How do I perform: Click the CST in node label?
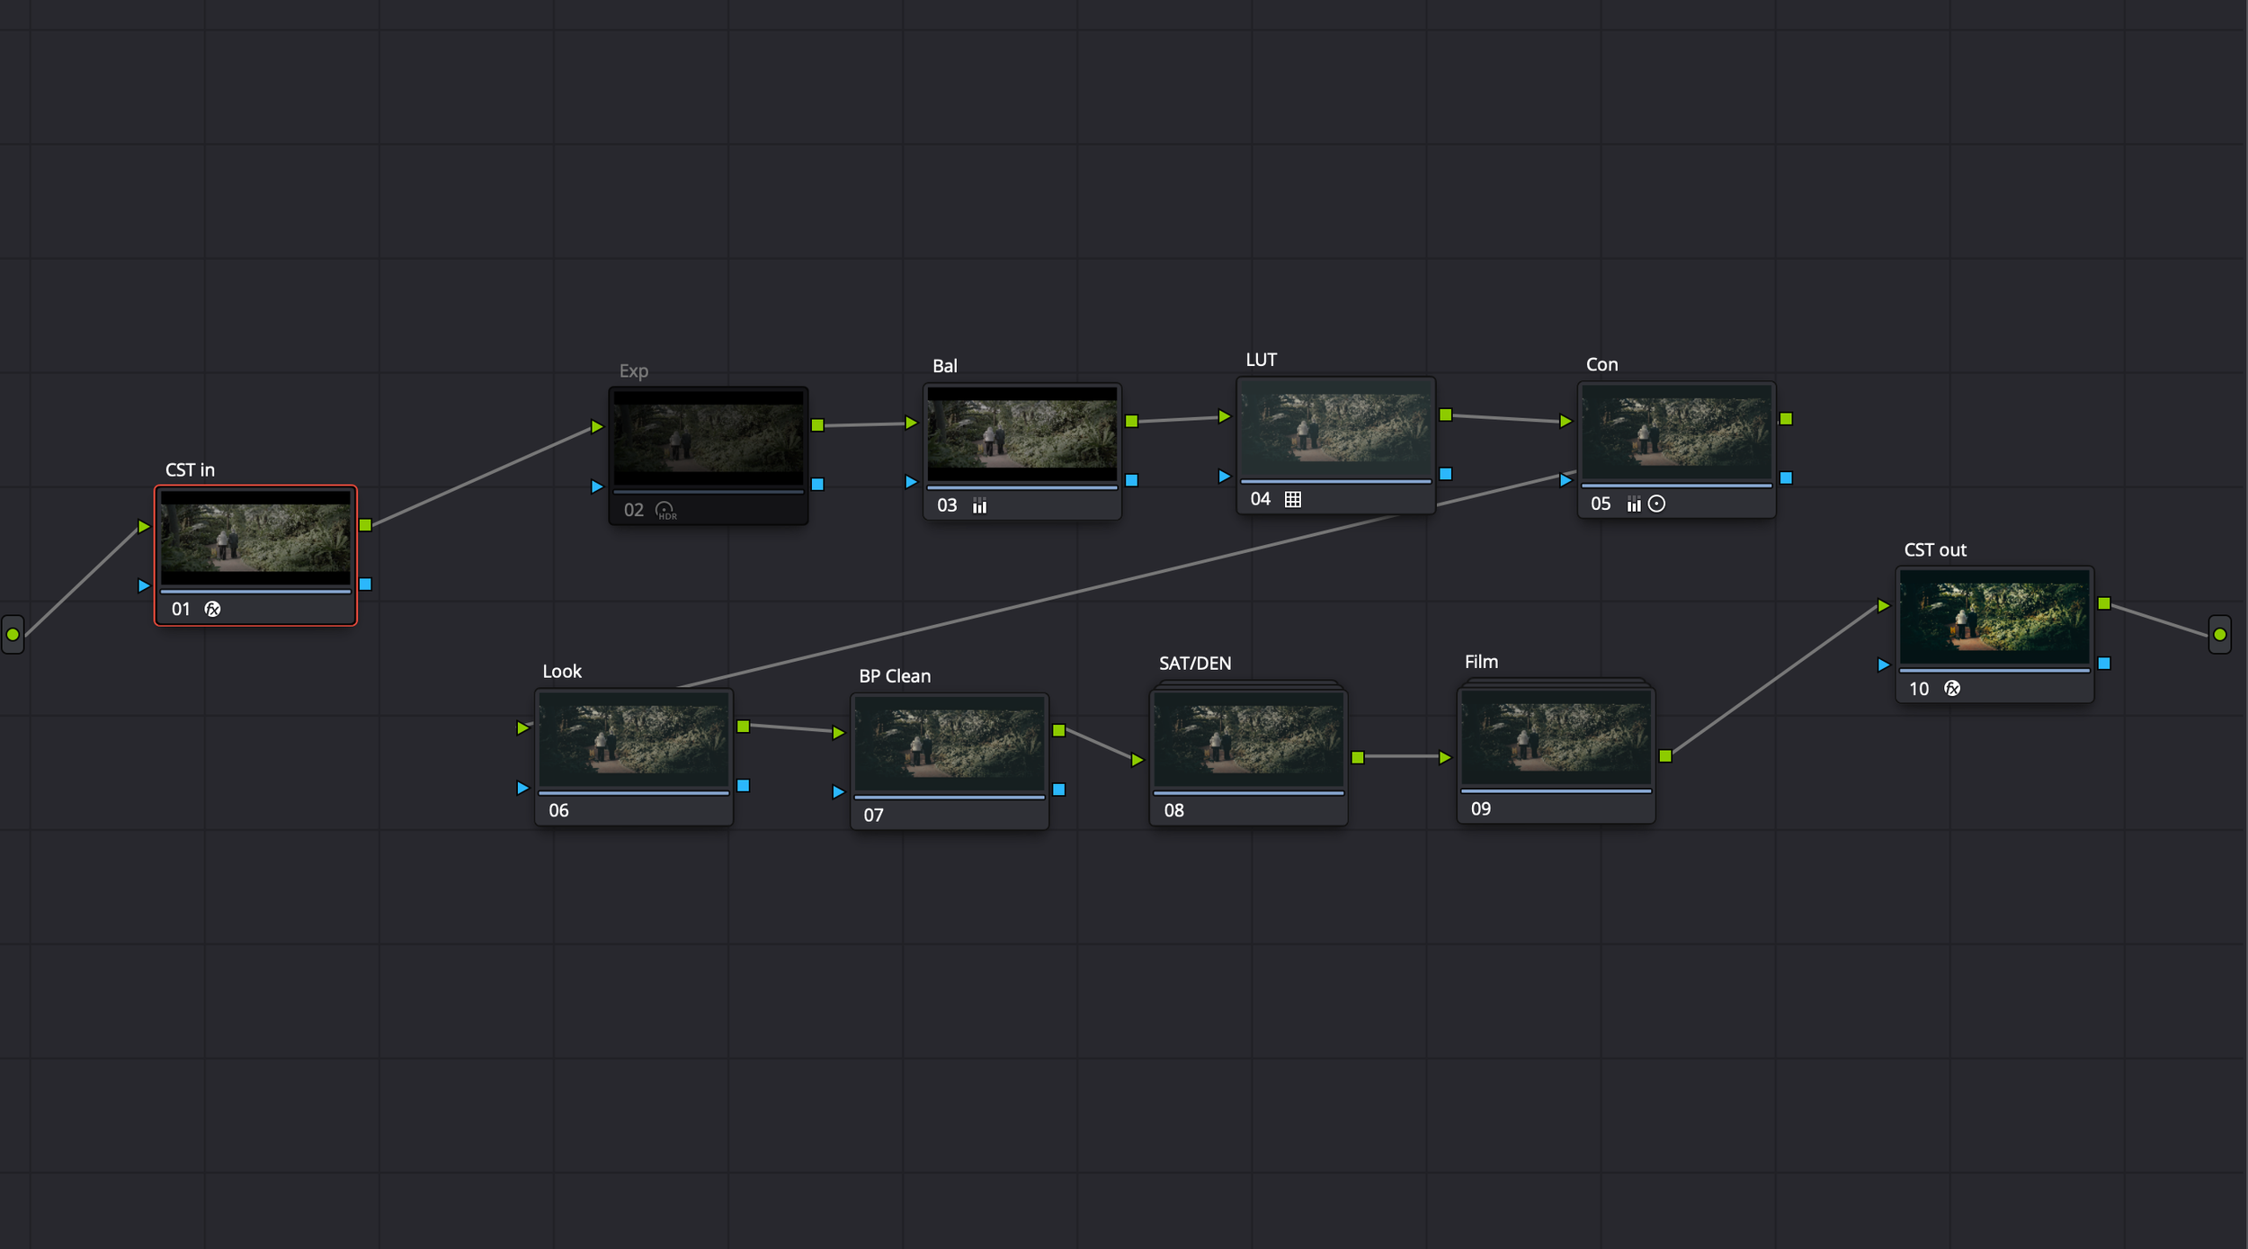point(190,470)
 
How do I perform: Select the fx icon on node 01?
point(212,610)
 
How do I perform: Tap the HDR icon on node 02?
point(665,511)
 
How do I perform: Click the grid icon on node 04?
point(1293,500)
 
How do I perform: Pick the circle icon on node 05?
point(1657,504)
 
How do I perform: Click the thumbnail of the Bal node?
point(1021,434)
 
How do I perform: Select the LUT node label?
point(1261,360)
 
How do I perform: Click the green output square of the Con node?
point(1786,419)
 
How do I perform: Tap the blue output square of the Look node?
point(744,786)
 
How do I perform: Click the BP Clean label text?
point(895,676)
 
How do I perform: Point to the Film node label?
point(1481,662)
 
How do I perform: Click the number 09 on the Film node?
point(1481,809)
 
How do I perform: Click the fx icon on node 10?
point(1952,689)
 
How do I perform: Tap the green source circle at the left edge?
point(13,635)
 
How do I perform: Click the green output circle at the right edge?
point(2220,635)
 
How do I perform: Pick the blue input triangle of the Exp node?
point(596,486)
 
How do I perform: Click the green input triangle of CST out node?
point(1883,606)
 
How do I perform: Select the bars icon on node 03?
point(979,506)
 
